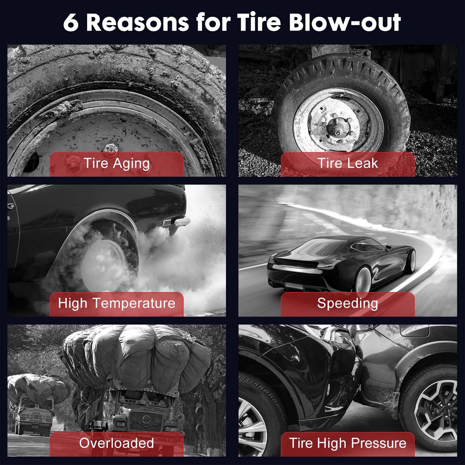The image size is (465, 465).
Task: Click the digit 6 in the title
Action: coord(71,23)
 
